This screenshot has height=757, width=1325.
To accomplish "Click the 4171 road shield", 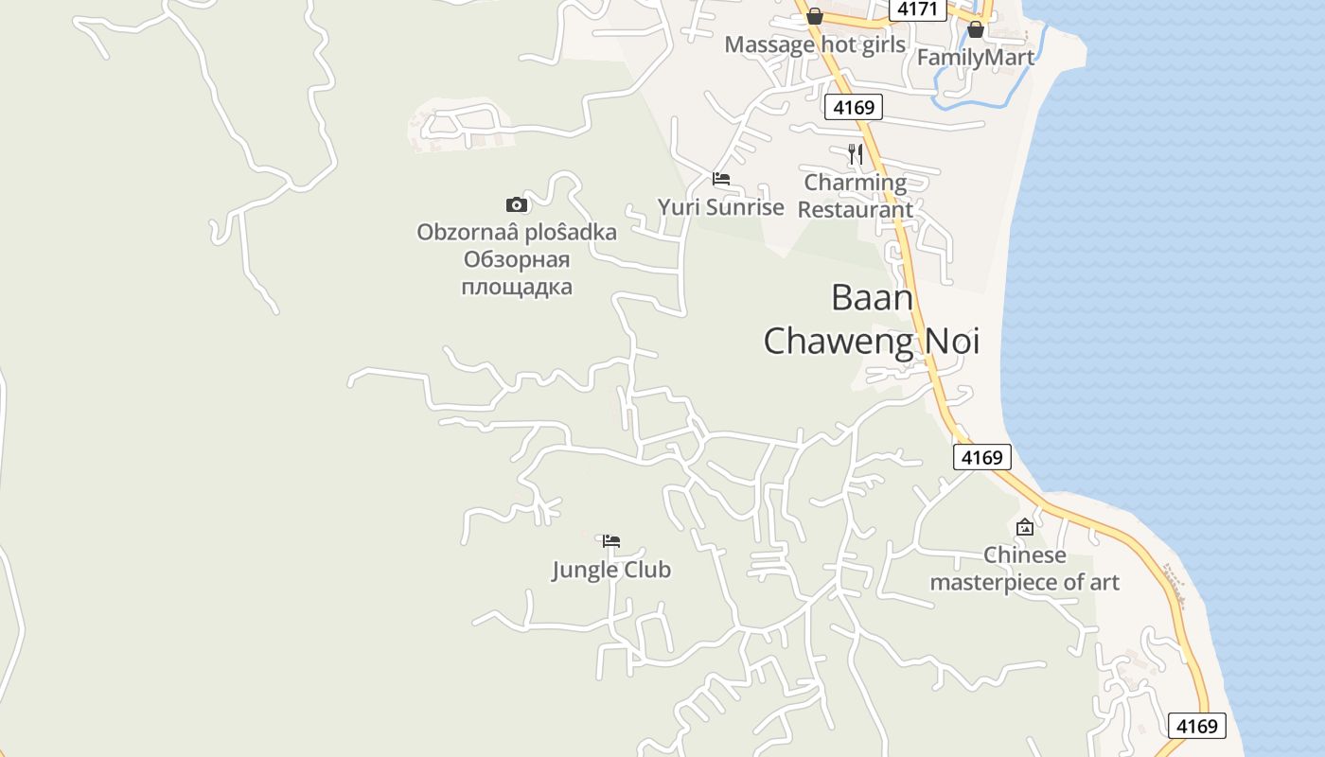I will (917, 9).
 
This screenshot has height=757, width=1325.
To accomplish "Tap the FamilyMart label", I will (976, 57).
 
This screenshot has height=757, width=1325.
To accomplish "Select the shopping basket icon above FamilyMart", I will (976, 30).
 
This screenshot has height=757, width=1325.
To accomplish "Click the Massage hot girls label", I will (815, 44).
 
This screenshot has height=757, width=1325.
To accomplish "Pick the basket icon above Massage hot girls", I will (815, 16).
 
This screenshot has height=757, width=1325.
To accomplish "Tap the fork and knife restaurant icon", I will (856, 154).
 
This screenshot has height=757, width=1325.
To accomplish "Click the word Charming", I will (856, 182).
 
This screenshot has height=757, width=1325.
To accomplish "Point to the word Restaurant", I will (856, 209).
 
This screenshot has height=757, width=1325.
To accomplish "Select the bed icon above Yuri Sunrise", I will (721, 179).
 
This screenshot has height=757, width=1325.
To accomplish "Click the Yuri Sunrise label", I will (721, 206).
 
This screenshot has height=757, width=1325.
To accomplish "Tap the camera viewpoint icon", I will (516, 204).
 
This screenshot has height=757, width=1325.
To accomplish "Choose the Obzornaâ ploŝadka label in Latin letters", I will (517, 232).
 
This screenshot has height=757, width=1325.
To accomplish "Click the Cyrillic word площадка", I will (517, 286).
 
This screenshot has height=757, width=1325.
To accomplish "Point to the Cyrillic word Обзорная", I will (517, 259).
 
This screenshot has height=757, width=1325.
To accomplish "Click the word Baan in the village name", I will (872, 297).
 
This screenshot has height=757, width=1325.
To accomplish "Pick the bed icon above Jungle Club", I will (611, 541).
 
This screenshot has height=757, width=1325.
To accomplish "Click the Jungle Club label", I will (611, 569).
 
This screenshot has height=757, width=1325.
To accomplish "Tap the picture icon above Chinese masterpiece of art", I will (1024, 527).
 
